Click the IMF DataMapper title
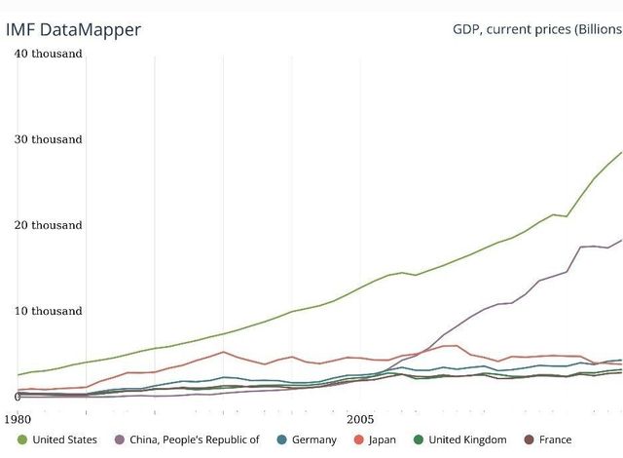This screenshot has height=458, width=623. (x=73, y=29)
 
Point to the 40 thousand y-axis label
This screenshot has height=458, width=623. (x=48, y=54)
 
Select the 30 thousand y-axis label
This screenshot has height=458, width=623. (x=48, y=139)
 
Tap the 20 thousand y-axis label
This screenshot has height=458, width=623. (x=48, y=225)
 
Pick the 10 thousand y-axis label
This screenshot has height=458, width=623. (x=48, y=311)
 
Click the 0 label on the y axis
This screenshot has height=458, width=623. (x=18, y=397)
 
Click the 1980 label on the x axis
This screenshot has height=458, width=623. (x=18, y=418)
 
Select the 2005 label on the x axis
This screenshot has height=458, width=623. (x=361, y=418)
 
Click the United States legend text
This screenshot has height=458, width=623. (x=64, y=439)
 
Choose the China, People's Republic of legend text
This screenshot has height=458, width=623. (x=195, y=439)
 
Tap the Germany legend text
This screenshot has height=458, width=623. (x=313, y=439)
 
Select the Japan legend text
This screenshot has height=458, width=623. (x=383, y=439)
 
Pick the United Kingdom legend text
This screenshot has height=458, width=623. (x=467, y=439)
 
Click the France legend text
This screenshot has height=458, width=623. (x=555, y=439)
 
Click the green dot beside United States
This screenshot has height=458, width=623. (x=22, y=439)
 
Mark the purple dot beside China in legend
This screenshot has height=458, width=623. (x=120, y=439)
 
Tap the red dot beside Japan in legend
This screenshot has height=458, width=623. (x=358, y=439)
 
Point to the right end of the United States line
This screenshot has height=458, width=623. (x=621, y=152)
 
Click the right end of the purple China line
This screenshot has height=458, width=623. (x=621, y=240)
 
